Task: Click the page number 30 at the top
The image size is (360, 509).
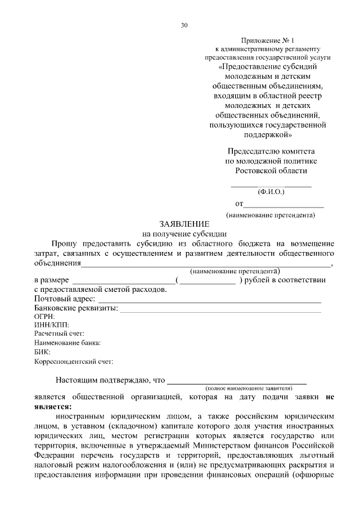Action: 184,25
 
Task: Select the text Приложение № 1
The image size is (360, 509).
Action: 267,40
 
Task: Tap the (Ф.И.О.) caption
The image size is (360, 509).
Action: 272,192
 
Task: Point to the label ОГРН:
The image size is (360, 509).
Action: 44,317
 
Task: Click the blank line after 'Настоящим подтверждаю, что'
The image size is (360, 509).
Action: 237,380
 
